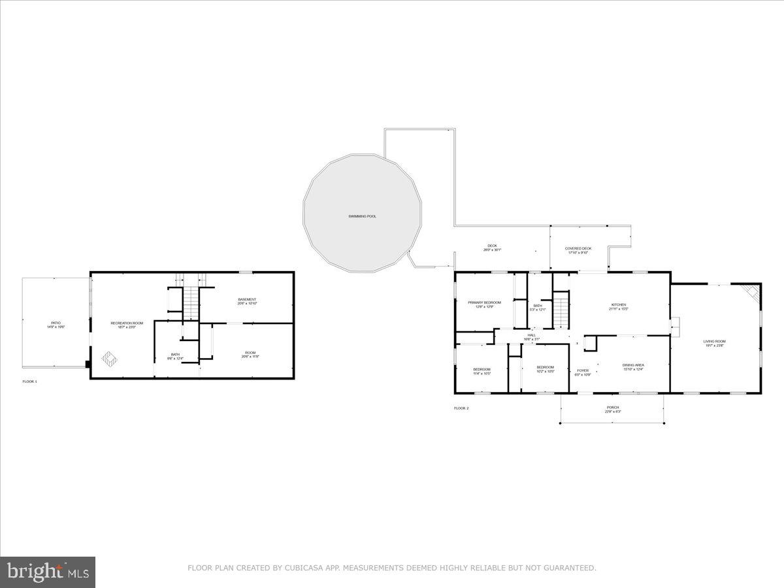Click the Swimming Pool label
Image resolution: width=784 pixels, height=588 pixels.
point(362,216)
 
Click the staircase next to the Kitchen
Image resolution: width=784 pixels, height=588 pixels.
point(561,310)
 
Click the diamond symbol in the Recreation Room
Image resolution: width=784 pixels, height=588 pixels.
point(109,358)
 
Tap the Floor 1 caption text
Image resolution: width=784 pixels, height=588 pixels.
point(30,381)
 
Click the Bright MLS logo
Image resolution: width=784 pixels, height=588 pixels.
point(48,572)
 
